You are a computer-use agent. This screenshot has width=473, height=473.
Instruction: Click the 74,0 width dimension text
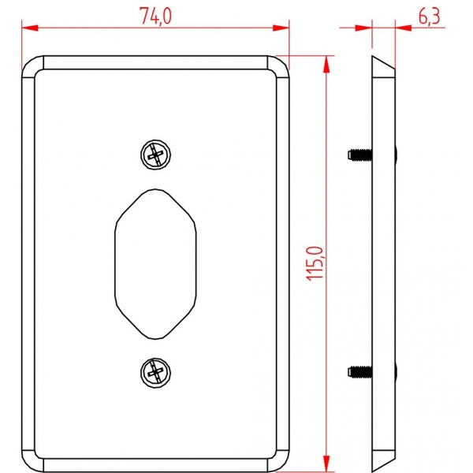coord(155,16)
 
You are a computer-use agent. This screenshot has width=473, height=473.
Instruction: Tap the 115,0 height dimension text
coord(315,263)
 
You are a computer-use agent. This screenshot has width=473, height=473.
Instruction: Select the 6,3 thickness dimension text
coord(429,17)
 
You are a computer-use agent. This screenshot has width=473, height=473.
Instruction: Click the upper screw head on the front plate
coord(155,155)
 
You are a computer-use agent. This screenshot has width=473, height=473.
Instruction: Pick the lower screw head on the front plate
coord(155,373)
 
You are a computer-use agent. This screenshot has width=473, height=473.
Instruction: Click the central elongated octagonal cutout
coord(155,264)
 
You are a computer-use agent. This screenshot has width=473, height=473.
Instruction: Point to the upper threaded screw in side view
coord(359,155)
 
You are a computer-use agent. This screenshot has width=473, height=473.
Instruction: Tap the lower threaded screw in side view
coord(359,372)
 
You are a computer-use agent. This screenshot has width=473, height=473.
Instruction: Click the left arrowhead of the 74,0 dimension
coord(30,28)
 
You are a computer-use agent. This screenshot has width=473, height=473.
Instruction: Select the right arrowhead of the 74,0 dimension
coord(281,28)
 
